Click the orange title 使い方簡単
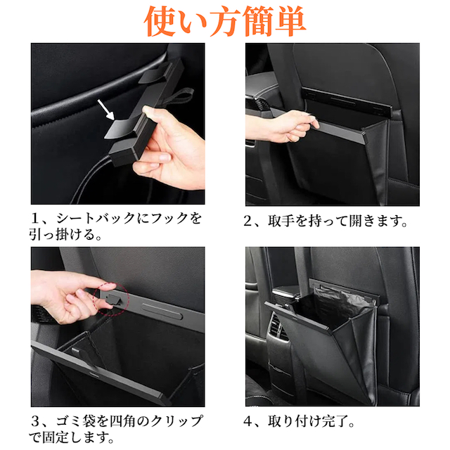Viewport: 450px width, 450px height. (x=225, y=22)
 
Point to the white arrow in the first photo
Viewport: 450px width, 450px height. (x=106, y=110)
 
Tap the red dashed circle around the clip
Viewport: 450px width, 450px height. (x=111, y=300)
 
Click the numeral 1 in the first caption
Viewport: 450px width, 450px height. (x=35, y=219)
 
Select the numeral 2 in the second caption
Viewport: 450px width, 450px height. (x=247, y=221)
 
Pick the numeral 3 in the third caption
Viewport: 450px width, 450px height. (x=35, y=422)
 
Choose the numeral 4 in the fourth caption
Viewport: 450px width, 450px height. (x=248, y=422)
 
